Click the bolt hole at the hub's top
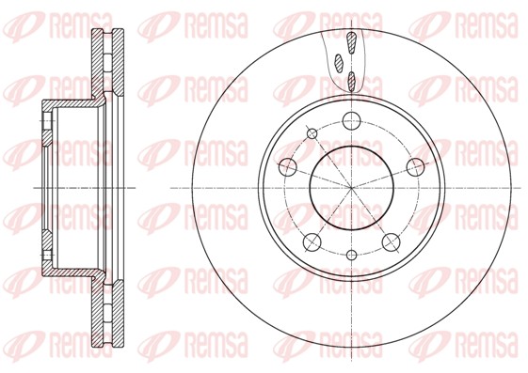[x=351, y=120]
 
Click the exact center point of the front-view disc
[x=351, y=188]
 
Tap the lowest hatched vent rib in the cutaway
[x=352, y=81]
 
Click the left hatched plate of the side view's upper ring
[x=97, y=66]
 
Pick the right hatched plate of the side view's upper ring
[x=119, y=66]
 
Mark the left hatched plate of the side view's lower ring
[x=97, y=310]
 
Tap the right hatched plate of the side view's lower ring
[x=119, y=310]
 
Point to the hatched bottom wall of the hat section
[x=71, y=271]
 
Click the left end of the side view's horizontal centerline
[x=34, y=188]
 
